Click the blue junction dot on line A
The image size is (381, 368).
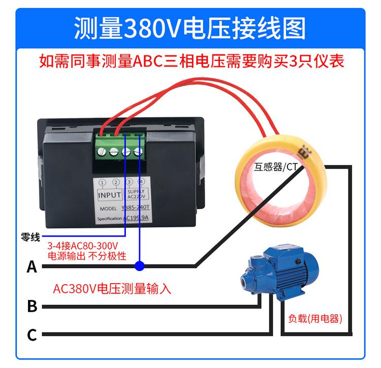click(x=140, y=265)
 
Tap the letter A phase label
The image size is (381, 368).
click(x=32, y=266)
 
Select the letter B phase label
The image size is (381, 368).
click(x=32, y=306)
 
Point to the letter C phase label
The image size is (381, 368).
click(x=32, y=335)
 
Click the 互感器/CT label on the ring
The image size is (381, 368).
click(x=276, y=166)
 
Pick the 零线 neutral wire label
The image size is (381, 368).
click(x=30, y=236)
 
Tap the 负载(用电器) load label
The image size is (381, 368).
click(x=314, y=319)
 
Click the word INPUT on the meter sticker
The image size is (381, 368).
click(x=109, y=194)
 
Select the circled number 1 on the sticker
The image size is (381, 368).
click(x=103, y=183)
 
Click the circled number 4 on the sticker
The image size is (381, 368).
click(x=141, y=182)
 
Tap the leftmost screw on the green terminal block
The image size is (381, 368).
click(x=104, y=151)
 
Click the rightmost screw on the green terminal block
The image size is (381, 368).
click(x=138, y=151)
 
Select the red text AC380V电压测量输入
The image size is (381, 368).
click(x=112, y=289)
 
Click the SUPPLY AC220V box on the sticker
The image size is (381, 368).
click(x=135, y=194)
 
